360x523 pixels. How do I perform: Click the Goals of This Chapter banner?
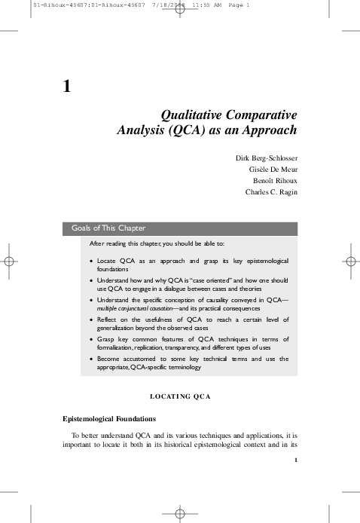[108, 228]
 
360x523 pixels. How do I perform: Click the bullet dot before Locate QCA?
[91, 261]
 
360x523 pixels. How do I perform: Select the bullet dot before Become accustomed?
[91, 359]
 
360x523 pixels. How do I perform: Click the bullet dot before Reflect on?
[91, 320]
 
